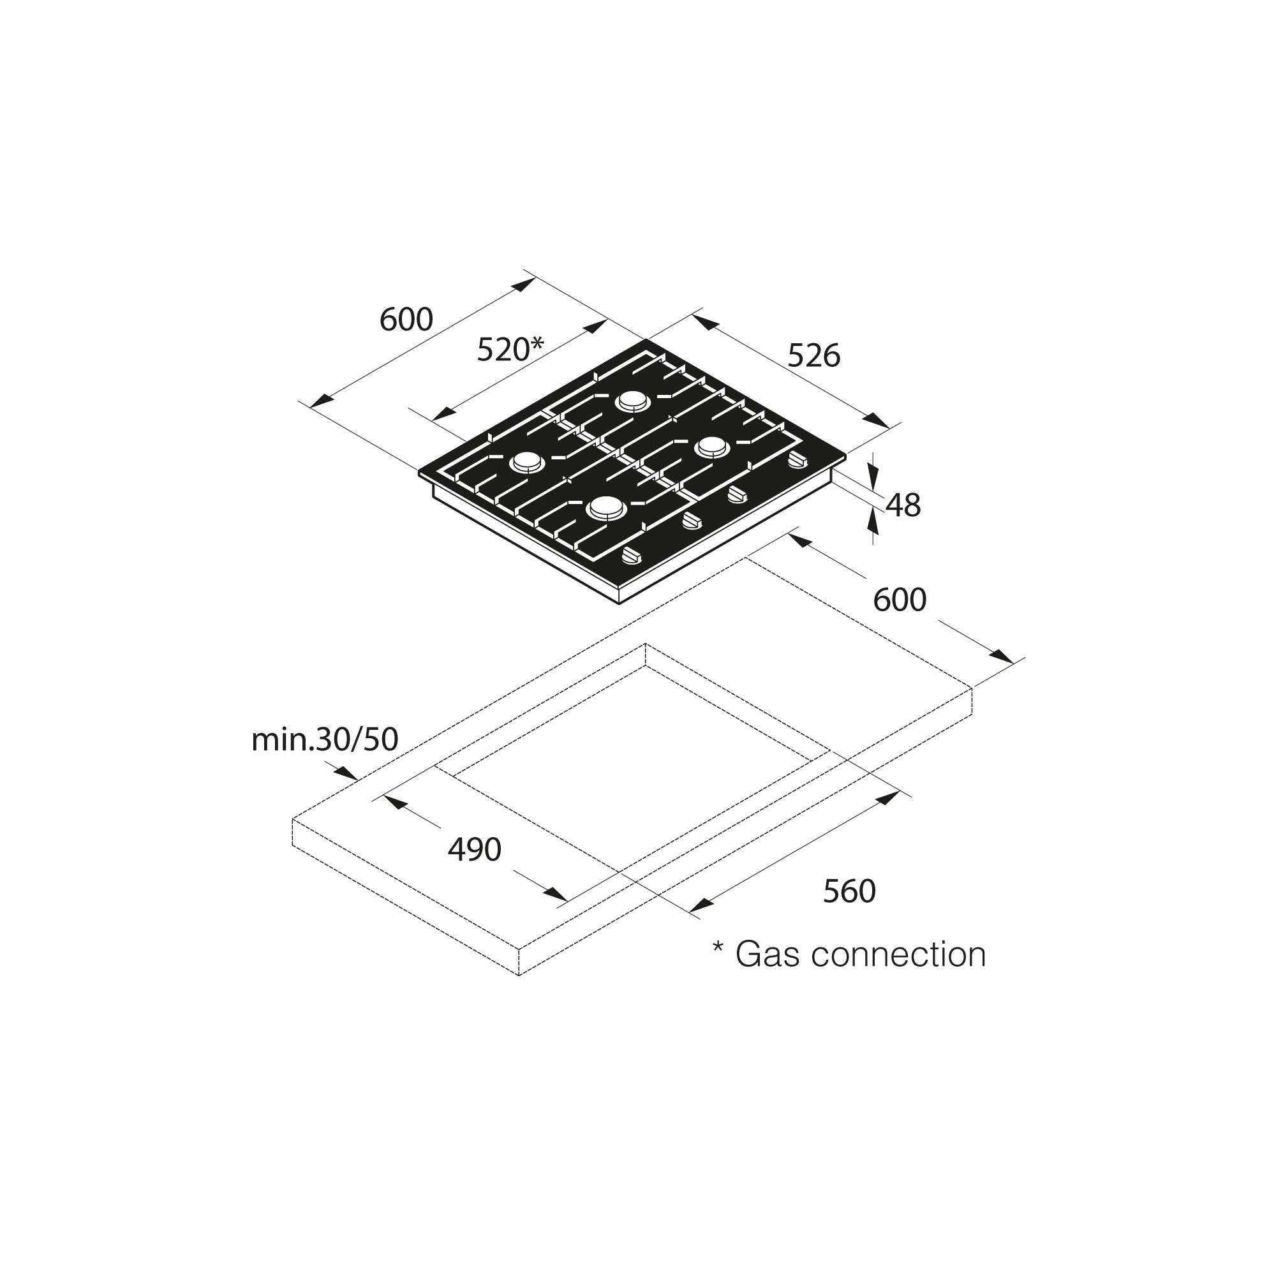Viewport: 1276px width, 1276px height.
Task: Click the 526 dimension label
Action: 813,357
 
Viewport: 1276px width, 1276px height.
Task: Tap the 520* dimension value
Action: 510,349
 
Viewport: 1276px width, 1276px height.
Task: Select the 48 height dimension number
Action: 903,506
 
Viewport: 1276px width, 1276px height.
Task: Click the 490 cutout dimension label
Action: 474,849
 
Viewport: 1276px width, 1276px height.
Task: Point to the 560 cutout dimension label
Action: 849,892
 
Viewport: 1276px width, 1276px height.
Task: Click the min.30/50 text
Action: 325,740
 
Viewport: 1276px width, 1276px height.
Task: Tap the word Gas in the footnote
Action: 762,954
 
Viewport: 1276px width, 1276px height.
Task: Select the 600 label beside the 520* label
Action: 406,320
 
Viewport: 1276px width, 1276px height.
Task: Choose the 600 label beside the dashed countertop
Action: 900,600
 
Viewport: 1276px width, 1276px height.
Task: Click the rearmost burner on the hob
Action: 633,401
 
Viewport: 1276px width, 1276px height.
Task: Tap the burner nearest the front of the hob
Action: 605,508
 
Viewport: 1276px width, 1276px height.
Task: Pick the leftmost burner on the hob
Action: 527,463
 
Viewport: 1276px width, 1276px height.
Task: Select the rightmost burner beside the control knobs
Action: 712,447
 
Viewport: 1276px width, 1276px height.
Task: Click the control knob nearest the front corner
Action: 632,557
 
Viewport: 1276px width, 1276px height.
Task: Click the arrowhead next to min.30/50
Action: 345,773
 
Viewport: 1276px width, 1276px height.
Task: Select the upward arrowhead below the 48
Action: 873,523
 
